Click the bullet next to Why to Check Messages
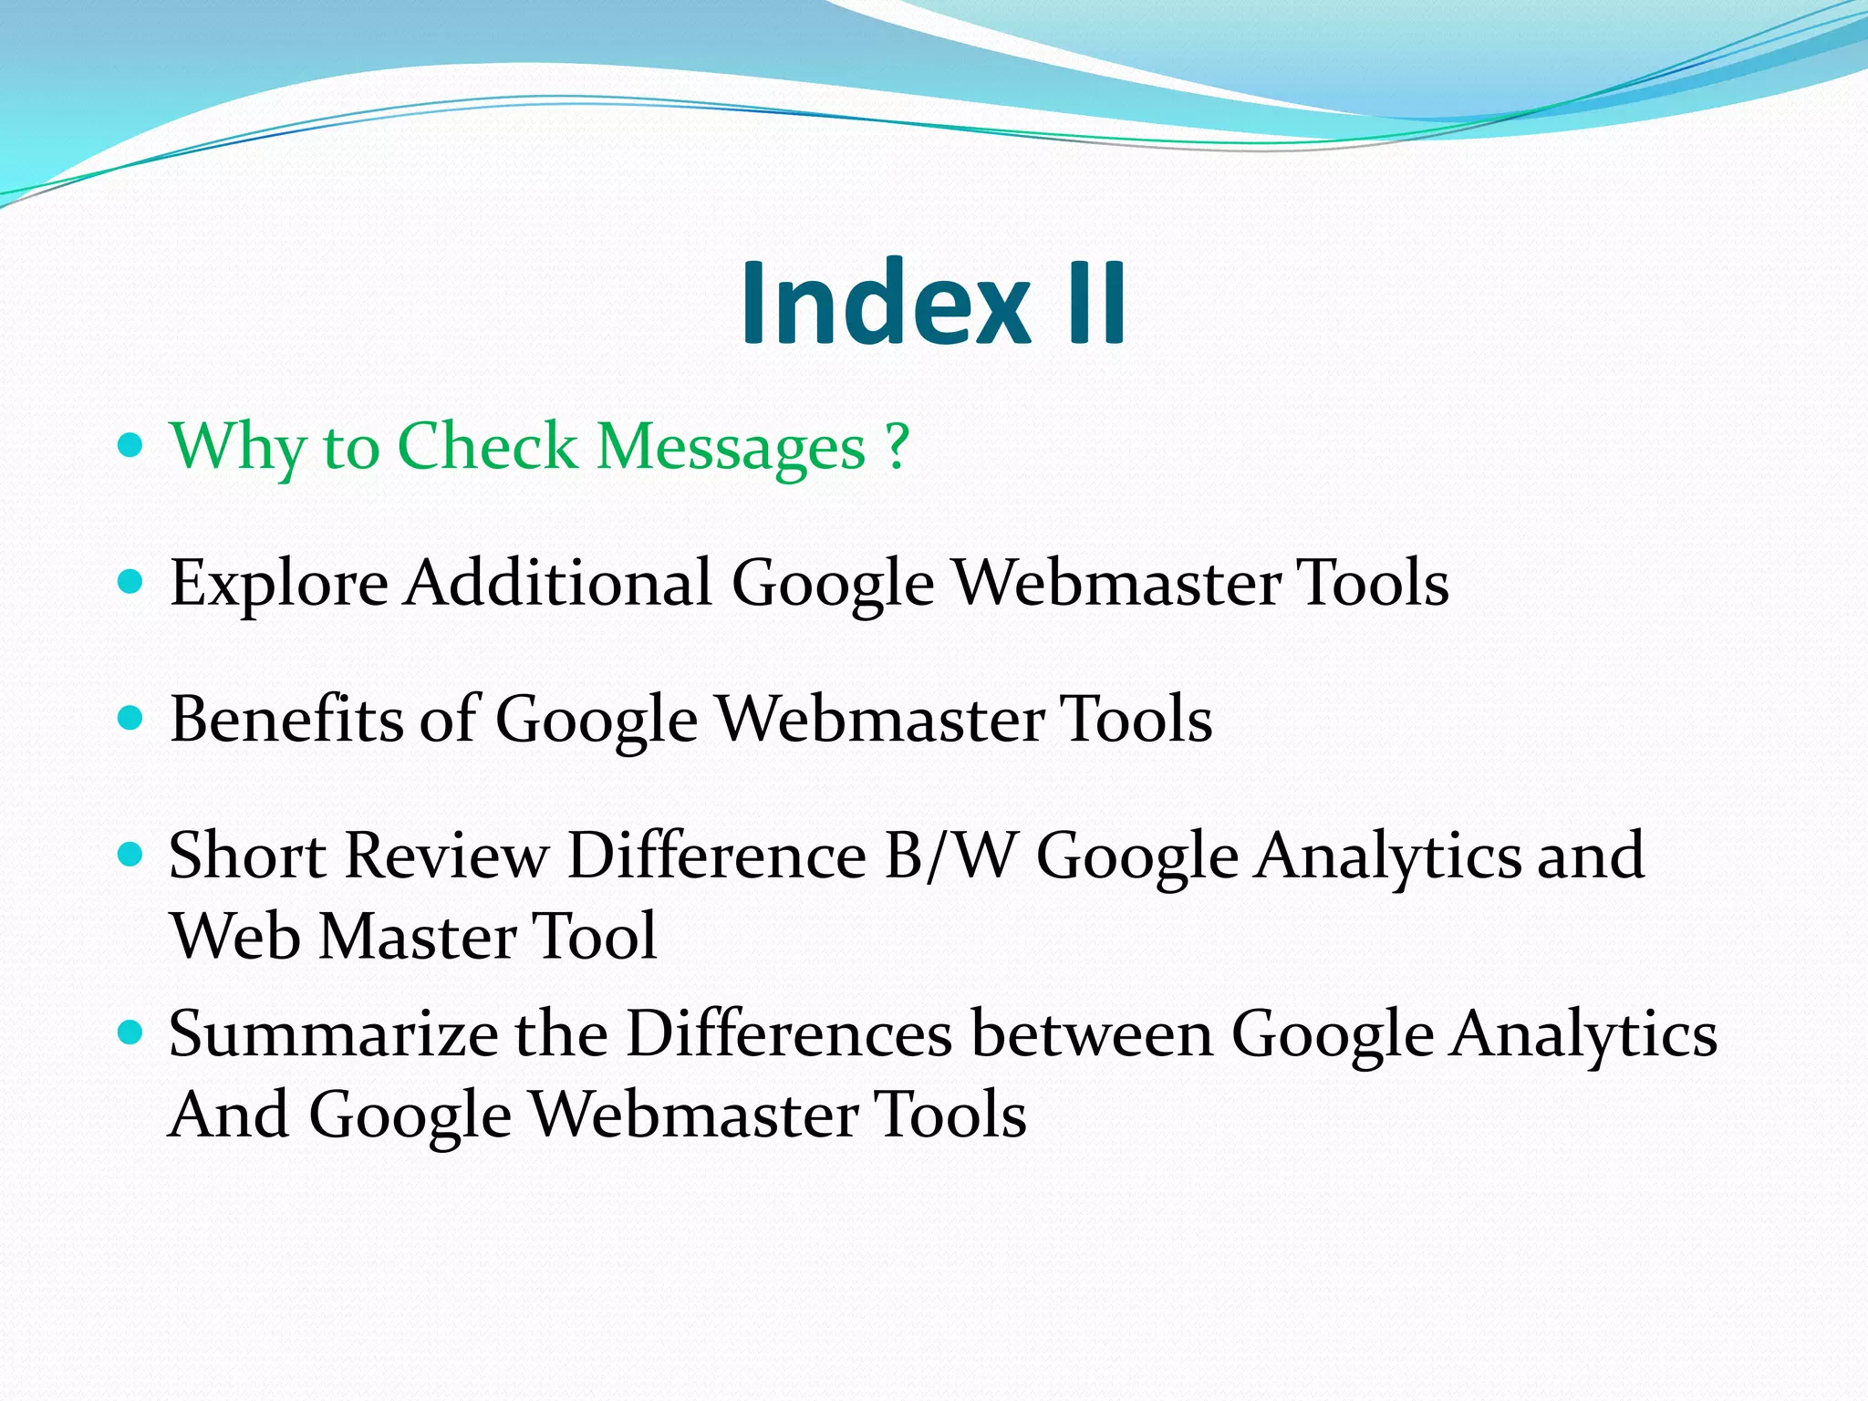tap(131, 445)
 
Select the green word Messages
tap(731, 447)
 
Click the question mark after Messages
tap(898, 447)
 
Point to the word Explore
tap(279, 584)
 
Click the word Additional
tap(558, 582)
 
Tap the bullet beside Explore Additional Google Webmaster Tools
tap(131, 581)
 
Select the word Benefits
tap(286, 719)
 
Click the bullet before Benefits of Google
tap(131, 718)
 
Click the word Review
tap(447, 856)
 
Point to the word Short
tap(247, 856)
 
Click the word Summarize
tap(333, 1034)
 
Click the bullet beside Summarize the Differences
tap(131, 1033)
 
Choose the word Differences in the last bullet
tap(790, 1034)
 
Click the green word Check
tap(487, 447)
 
